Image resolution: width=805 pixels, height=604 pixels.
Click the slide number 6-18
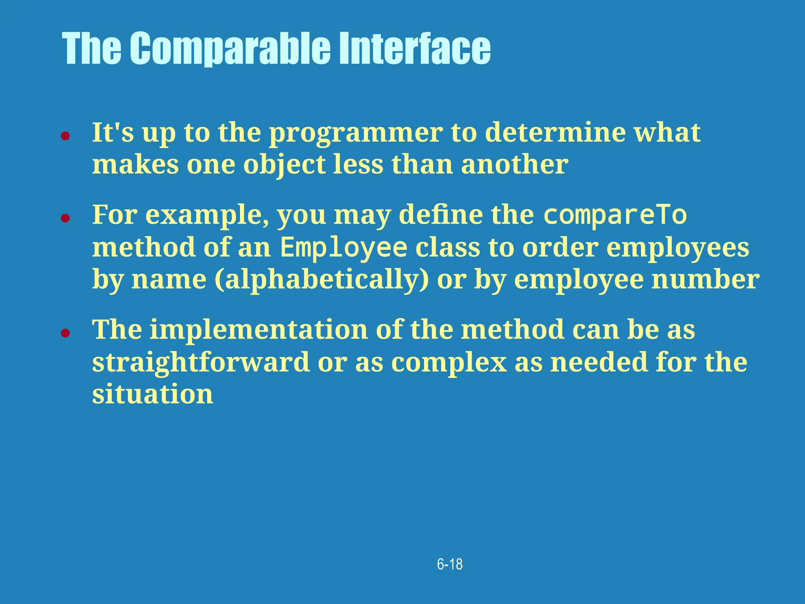pos(450,564)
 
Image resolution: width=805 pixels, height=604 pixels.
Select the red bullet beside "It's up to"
pos(65,136)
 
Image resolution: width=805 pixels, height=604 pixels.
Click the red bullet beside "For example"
pos(65,218)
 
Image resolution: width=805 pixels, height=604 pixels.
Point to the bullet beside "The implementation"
pos(65,333)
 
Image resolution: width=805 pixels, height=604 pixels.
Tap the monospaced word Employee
pos(344,248)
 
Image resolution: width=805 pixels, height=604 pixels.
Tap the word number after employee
pos(705,280)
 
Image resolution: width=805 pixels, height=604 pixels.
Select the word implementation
pos(258,330)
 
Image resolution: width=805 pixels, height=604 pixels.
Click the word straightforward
pos(200,362)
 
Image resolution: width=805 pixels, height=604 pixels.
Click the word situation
pos(153,394)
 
